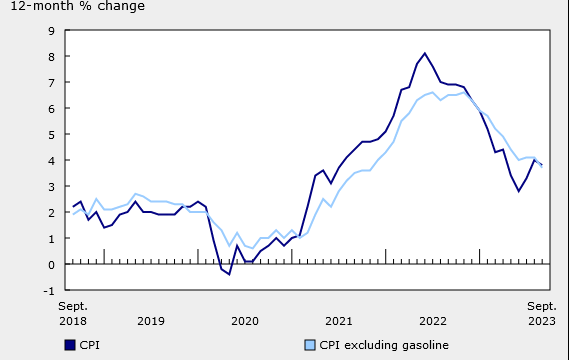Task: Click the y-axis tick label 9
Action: (51, 31)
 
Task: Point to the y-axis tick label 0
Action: (51, 265)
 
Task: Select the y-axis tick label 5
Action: (51, 135)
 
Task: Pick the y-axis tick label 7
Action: (51, 83)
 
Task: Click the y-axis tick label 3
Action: (51, 187)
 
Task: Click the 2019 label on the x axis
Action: (151, 321)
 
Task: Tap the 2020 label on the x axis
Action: (245, 321)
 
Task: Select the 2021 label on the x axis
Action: (339, 321)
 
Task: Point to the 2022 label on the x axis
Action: (433, 321)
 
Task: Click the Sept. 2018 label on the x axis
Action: (72, 313)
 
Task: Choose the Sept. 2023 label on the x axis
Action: (542, 313)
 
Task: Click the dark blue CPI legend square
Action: (70, 345)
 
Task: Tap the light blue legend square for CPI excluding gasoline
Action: (310, 345)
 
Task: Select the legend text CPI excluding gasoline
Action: (384, 345)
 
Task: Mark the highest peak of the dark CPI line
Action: (425, 54)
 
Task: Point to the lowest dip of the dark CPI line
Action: (229, 274)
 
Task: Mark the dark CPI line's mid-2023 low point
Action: (519, 191)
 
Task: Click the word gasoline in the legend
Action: (424, 345)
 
